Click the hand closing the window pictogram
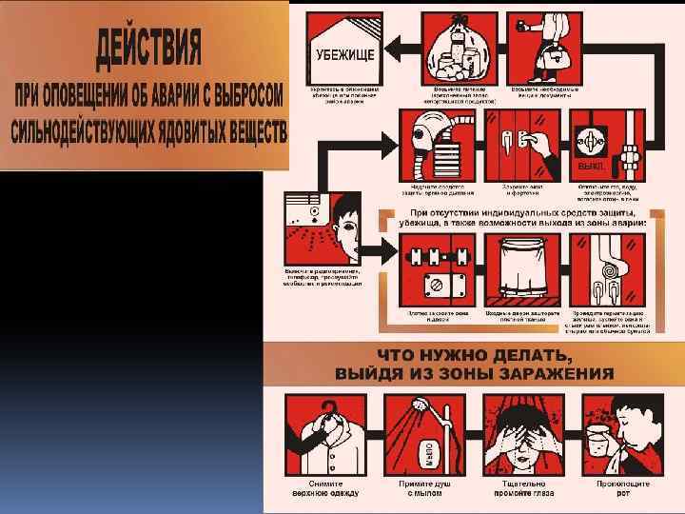pos(521,145)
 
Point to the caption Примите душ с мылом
pos(423,488)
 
